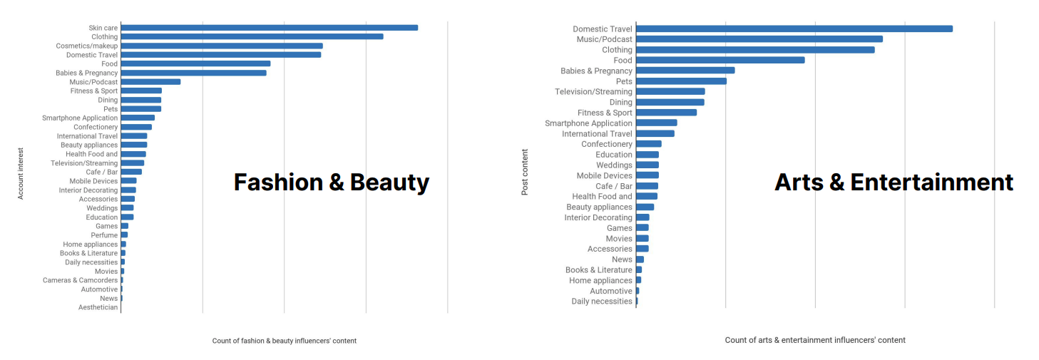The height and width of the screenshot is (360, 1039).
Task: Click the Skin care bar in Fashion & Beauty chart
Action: click(269, 28)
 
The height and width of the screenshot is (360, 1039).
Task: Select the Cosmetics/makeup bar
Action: click(222, 46)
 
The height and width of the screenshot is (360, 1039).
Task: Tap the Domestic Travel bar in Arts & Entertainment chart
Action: click(794, 29)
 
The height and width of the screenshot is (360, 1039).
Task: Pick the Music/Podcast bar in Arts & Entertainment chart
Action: click(759, 39)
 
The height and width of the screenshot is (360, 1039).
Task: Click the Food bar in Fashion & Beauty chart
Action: click(195, 63)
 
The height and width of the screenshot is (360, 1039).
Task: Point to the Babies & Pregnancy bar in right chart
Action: click(685, 71)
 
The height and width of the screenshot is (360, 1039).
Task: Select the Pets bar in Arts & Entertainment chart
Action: click(681, 81)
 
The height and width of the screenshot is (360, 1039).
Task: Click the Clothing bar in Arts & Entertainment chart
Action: click(754, 50)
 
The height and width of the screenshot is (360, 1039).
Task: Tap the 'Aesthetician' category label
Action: click(98, 307)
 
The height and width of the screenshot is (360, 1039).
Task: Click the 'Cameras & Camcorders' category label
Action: click(80, 280)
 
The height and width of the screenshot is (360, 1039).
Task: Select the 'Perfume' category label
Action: click(104, 235)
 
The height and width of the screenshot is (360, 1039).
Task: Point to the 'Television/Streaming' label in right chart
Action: click(593, 92)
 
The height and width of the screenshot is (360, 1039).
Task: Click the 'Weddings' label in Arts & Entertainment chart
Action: click(613, 165)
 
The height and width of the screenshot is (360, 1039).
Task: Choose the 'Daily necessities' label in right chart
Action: click(601, 302)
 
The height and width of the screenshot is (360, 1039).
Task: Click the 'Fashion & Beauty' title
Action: click(332, 182)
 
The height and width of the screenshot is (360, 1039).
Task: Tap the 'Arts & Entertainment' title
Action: click(894, 182)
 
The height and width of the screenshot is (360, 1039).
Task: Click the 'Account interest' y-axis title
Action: click(21, 174)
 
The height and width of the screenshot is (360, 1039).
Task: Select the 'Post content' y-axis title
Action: click(525, 173)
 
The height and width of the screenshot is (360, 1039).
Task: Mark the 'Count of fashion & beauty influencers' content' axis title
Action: click(284, 341)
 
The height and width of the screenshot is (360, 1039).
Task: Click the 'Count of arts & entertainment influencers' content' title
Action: click(815, 340)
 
